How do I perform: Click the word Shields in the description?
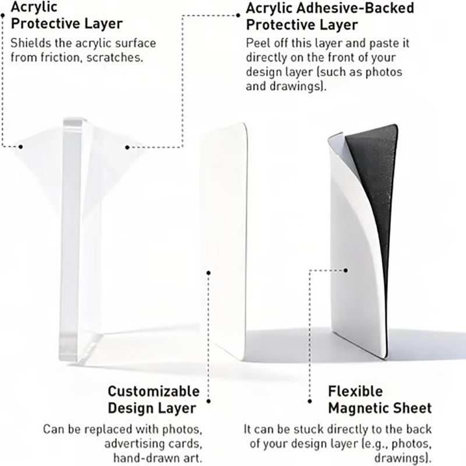pyautogui.click(x=31, y=43)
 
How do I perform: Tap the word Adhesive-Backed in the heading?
pyautogui.click(x=355, y=8)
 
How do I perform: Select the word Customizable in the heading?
pyautogui.click(x=154, y=391)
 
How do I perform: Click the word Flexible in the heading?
pyautogui.click(x=355, y=391)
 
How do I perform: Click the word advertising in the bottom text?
pyautogui.click(x=135, y=443)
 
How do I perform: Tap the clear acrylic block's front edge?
pyautogui.click(x=70, y=238)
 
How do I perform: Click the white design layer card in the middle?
pyautogui.click(x=226, y=238)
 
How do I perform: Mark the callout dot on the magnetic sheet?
pyautogui.click(x=345, y=270)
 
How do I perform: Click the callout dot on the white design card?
pyautogui.click(x=209, y=273)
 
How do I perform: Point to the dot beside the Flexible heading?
pyautogui.click(x=310, y=401)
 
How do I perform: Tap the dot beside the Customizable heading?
pyautogui.click(x=209, y=401)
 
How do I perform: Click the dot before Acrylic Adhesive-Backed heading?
pyautogui.click(x=238, y=15)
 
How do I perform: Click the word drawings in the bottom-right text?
pyautogui.click(x=402, y=458)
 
